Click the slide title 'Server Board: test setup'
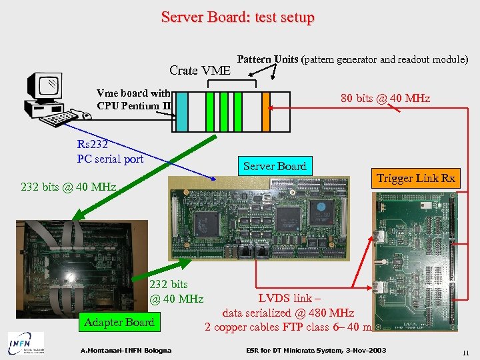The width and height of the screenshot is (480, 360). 237,17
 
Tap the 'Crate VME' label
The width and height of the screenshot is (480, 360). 200,70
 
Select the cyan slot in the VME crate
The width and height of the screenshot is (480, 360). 181,111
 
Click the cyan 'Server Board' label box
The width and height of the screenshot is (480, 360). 275,166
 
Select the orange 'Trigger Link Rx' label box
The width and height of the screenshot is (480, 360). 415,178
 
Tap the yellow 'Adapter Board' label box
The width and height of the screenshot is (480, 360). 119,322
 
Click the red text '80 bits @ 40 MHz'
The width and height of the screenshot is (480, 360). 385,99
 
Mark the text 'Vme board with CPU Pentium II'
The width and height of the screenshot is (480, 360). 133,99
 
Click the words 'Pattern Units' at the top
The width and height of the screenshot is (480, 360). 268,59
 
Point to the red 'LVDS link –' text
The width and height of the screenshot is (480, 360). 289,299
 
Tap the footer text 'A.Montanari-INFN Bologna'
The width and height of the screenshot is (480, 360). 125,351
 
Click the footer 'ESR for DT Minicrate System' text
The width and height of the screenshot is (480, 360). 316,351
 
